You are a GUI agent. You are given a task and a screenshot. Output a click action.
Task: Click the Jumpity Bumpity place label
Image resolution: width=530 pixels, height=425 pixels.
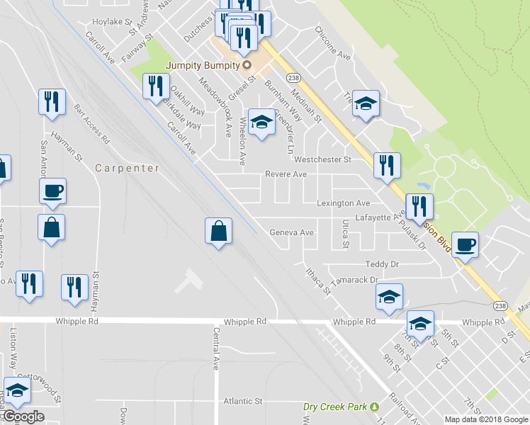point(203,66)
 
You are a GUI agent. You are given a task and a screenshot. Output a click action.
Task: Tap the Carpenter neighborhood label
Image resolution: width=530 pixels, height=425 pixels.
point(128,169)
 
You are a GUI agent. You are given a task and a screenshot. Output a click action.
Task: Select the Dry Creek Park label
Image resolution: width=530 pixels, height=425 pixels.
point(336,407)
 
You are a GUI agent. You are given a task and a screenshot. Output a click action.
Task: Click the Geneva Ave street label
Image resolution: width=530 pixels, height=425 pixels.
point(291,232)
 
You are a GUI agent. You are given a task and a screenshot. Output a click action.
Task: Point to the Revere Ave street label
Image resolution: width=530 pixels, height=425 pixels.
point(286,174)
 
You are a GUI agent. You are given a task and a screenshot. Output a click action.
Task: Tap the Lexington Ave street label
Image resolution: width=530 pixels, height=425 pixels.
point(343,203)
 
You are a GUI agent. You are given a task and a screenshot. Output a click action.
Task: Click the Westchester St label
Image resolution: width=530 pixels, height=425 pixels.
point(323,159)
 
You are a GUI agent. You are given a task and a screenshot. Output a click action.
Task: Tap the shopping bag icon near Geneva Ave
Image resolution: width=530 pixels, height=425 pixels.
point(219,231)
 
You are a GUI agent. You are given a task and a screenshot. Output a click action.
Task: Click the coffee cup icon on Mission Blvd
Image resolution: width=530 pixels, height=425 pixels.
point(466,245)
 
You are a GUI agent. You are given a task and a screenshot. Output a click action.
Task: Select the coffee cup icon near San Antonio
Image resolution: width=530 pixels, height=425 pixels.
point(53,191)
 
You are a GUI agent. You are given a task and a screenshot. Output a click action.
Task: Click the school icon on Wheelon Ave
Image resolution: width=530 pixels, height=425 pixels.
point(261,123)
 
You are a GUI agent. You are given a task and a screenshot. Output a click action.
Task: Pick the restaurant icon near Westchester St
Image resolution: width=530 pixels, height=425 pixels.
point(387,166)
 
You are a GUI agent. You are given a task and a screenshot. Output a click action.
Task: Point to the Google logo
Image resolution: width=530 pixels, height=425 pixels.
point(23,416)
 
